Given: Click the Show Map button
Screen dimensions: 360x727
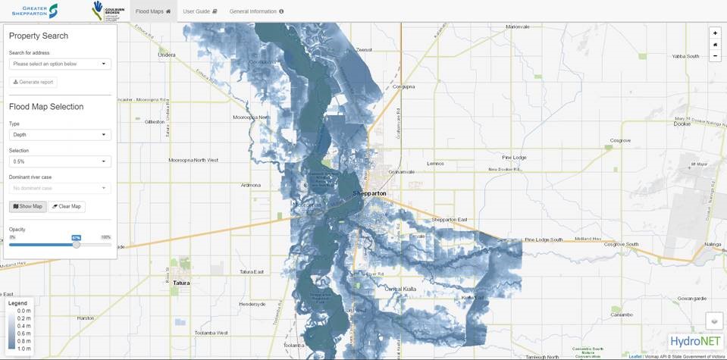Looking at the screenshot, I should click(x=28, y=206).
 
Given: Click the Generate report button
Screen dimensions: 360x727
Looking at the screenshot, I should click(x=33, y=82).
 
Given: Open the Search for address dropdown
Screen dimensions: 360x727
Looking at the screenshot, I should click(x=60, y=64).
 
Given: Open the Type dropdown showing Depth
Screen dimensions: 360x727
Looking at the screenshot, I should click(x=60, y=135).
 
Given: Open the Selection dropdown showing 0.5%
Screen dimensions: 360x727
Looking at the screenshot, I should click(x=60, y=161).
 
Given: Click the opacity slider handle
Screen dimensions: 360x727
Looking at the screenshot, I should click(x=77, y=244).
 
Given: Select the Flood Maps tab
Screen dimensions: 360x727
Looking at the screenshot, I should click(x=152, y=11).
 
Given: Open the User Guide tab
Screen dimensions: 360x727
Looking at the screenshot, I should click(x=200, y=11).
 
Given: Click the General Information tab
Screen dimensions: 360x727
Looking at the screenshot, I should click(x=256, y=11).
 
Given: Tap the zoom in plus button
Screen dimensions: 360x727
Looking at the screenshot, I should click(x=715, y=33).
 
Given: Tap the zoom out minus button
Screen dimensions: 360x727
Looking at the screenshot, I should click(x=715, y=56).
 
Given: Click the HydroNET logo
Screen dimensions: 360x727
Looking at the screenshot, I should click(x=695, y=341).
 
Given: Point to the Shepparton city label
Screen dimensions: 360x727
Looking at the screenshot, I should click(x=369, y=193).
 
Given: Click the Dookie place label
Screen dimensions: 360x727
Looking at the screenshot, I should click(x=681, y=124).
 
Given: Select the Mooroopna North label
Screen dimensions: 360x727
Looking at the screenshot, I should click(x=251, y=117).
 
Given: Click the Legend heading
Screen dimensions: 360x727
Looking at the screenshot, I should click(x=17, y=303).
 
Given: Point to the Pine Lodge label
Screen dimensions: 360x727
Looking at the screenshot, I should click(x=513, y=157).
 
